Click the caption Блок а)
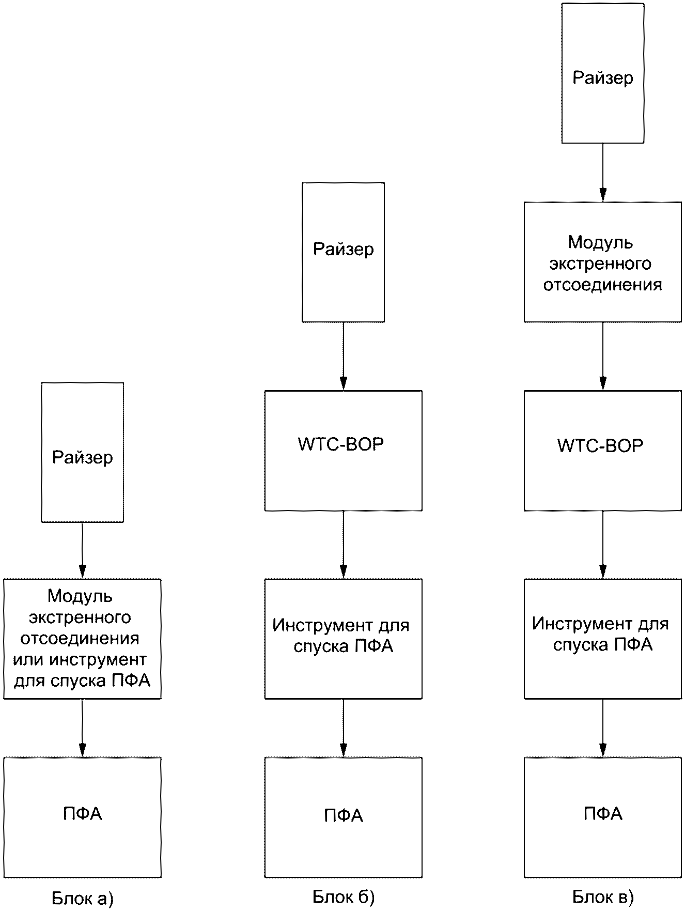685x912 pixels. [x=83, y=899]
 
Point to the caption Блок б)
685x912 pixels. [x=344, y=897]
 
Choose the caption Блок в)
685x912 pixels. [x=603, y=897]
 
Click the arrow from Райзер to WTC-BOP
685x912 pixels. [x=344, y=357]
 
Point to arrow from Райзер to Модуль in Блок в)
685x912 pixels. [x=603, y=173]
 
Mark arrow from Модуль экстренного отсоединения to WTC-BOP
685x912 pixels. [x=603, y=357]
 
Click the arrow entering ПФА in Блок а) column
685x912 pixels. [x=82, y=729]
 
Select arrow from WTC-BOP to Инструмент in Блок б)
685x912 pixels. [x=344, y=545]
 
